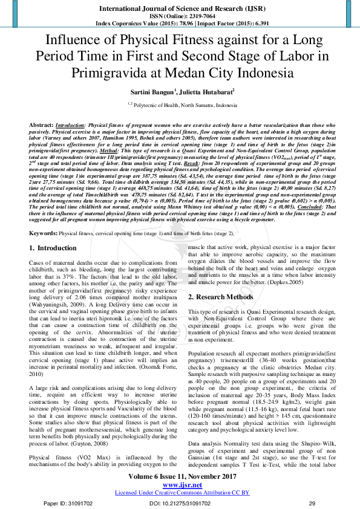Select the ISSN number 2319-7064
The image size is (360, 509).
point(197,16)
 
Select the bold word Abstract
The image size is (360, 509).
point(41,124)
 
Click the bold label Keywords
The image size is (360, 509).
point(43,233)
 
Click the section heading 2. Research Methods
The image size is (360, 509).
point(221,297)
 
